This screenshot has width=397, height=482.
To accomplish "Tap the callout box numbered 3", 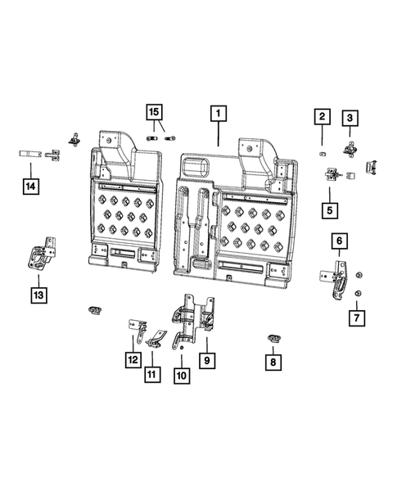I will pos(350,119).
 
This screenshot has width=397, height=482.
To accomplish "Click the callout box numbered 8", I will pos(273,358).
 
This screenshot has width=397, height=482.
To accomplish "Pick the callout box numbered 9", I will pos(205,358).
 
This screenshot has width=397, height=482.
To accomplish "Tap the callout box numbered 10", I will pos(181,375).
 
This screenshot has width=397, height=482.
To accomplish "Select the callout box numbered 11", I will pos(151,375).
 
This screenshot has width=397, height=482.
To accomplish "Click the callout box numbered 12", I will pos(132,358).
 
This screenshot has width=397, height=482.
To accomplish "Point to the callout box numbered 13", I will pos(38,292).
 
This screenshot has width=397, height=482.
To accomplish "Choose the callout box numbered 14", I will pos(29,187).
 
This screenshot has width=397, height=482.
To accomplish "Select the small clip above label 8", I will pos(273,338).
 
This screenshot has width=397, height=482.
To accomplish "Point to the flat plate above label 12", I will pos(133,327).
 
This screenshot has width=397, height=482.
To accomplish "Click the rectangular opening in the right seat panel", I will pos(196,167).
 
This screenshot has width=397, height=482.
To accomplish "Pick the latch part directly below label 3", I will pos(350,146).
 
